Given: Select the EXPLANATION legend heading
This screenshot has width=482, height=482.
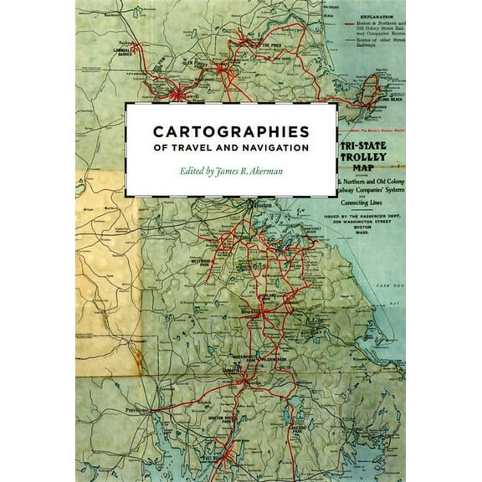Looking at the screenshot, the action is [x=374, y=15].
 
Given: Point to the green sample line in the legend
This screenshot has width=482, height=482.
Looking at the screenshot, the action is [x=349, y=42].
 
